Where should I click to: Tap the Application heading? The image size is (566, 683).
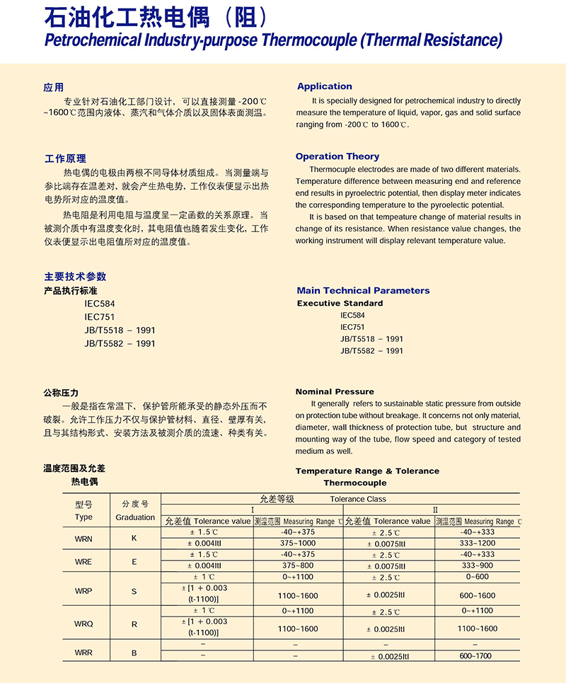[324, 86]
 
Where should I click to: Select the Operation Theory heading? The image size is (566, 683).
[337, 156]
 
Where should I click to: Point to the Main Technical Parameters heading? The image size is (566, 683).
[363, 290]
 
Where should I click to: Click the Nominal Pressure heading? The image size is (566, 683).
[335, 391]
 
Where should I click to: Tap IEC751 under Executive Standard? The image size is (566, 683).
[352, 327]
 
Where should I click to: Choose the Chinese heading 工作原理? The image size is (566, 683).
[65, 158]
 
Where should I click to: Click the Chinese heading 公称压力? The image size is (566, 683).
[61, 392]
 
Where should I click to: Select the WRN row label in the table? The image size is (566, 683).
[83, 539]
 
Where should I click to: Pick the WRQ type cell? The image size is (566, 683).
[83, 624]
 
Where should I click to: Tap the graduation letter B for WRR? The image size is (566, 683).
[134, 653]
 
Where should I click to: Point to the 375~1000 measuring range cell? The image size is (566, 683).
[297, 544]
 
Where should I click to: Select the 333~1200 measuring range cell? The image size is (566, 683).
[477, 544]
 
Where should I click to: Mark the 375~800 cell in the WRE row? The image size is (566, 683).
[297, 566]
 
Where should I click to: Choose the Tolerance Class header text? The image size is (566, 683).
[358, 498]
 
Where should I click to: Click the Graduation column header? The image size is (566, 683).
[135, 517]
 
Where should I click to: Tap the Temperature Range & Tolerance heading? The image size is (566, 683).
[367, 471]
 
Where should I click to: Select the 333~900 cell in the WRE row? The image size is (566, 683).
[477, 566]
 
